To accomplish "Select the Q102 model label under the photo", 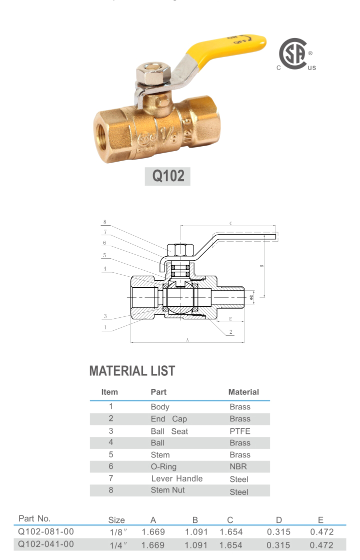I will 167,176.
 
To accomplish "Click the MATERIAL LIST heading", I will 132,371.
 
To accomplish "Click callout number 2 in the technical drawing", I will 230,332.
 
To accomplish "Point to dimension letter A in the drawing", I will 187,339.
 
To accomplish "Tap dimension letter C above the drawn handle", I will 230,223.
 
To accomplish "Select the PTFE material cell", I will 240,431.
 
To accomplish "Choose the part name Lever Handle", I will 177,479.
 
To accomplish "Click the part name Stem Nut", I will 167,490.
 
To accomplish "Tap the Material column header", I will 243,392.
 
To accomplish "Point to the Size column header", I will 116,520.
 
